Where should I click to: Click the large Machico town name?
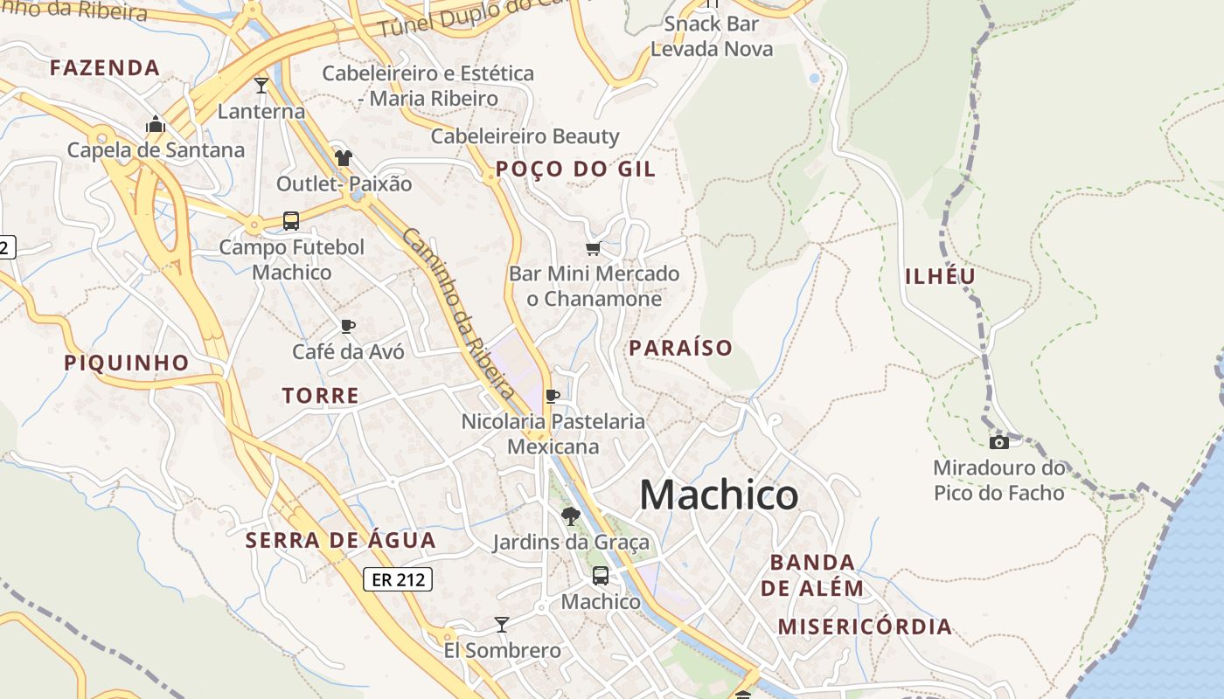coord(719,495)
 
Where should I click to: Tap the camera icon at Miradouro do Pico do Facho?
coord(998,443)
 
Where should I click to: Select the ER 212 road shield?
coord(398,579)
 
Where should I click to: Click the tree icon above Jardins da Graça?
coord(571,516)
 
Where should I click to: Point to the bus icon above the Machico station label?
coord(601,576)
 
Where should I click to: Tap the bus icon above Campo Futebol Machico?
coord(291,221)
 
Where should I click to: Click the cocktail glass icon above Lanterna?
coord(261,85)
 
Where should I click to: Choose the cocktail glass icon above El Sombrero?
coord(502,624)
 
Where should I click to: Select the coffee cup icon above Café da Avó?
coord(348,327)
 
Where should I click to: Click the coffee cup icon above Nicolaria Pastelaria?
coord(553,396)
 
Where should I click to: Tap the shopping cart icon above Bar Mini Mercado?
coord(594,249)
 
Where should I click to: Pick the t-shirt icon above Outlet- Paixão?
coord(344,158)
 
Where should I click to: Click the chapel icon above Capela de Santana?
coord(156,124)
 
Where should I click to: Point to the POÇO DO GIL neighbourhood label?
coord(575,170)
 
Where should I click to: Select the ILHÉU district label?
coord(940,277)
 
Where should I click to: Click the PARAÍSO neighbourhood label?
coord(681,348)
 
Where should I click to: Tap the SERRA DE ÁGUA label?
coord(340,541)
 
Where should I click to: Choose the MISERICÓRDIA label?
coord(865,626)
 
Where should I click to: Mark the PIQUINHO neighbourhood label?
coord(127,363)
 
